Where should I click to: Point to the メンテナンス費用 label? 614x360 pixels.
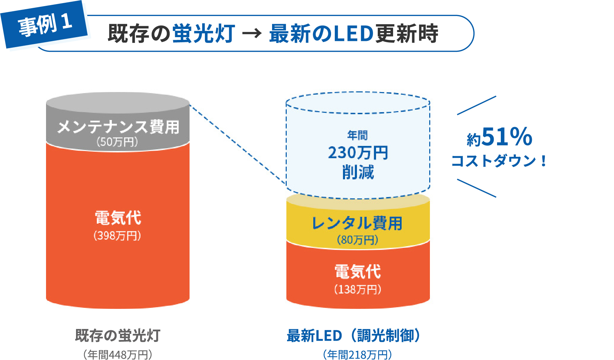[x=118, y=127]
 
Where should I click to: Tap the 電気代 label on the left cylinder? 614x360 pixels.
[x=118, y=218]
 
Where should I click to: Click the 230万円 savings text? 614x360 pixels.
[x=358, y=153]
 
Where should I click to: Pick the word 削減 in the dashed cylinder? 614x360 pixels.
[x=358, y=172]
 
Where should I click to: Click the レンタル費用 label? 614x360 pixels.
[x=357, y=224]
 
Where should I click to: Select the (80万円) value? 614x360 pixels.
[x=357, y=240]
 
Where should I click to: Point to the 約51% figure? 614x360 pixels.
[x=499, y=137]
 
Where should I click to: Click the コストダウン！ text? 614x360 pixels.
[x=499, y=161]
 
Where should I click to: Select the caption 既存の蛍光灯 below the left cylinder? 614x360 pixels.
[x=118, y=335]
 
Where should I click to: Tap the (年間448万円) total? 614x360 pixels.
[x=118, y=355]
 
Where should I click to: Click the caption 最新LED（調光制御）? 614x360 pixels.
[x=355, y=335]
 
